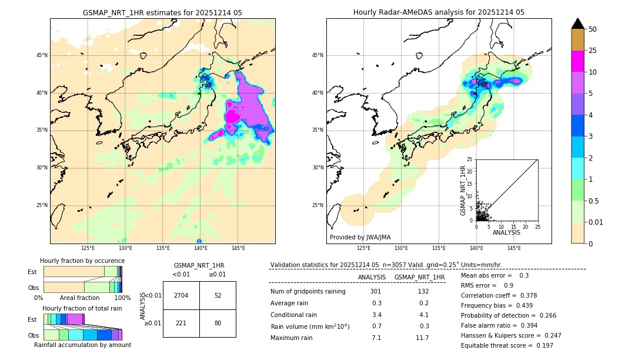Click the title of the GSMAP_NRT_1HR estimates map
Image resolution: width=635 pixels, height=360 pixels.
(x=162, y=12)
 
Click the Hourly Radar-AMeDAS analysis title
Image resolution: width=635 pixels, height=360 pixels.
(x=439, y=12)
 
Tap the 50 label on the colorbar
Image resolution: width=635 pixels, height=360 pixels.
(x=593, y=29)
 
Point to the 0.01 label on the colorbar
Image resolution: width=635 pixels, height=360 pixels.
(x=596, y=222)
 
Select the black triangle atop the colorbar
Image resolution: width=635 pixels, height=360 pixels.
(x=578, y=24)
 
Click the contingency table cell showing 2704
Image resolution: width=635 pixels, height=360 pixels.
(x=181, y=295)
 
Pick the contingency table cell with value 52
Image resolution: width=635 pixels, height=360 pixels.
(x=218, y=295)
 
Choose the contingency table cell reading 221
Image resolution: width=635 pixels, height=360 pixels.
(x=181, y=322)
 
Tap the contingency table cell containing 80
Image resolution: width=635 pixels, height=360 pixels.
(x=218, y=322)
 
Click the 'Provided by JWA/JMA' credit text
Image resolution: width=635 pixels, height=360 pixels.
(x=360, y=238)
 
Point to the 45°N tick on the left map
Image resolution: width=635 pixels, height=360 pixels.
(x=42, y=55)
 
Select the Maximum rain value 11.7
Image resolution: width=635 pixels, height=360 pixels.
(x=423, y=338)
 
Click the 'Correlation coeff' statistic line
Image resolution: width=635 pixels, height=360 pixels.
(x=491, y=295)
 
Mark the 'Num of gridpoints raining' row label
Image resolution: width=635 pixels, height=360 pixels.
(x=308, y=292)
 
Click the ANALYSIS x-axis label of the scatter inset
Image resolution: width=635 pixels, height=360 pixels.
(x=506, y=232)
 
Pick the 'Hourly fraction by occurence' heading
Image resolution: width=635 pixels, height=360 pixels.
(x=82, y=261)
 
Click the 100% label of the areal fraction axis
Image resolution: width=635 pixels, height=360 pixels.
(x=122, y=298)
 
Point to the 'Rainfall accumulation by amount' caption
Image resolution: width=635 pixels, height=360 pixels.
(x=82, y=345)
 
